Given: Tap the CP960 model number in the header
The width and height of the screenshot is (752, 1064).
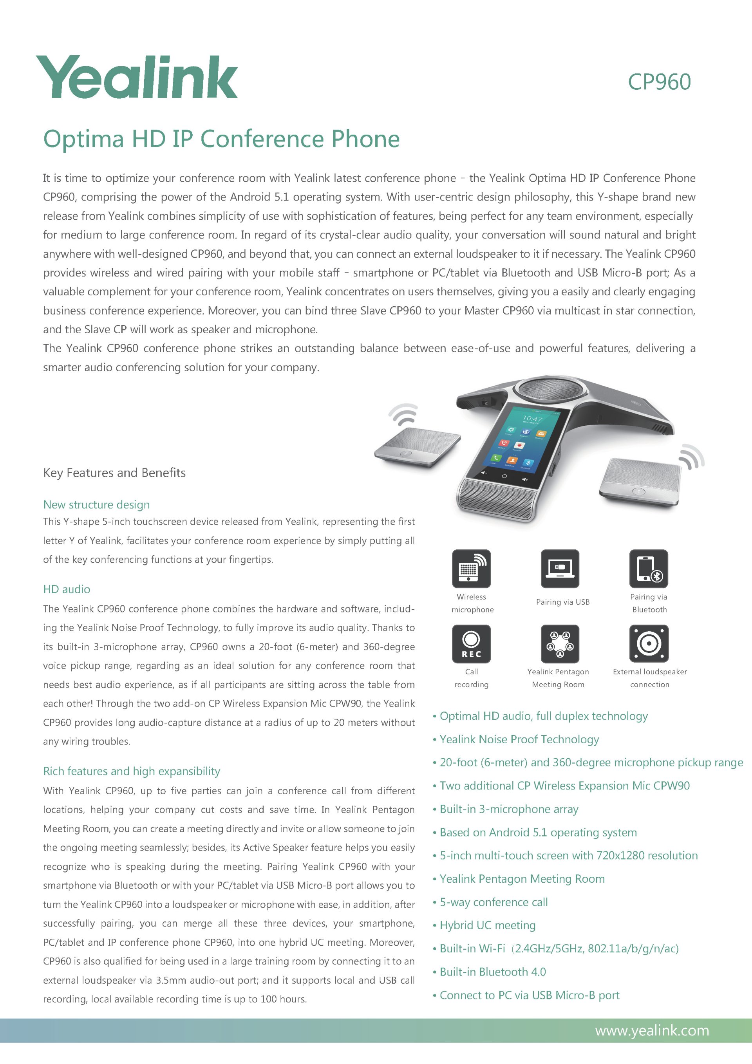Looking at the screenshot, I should (x=659, y=82).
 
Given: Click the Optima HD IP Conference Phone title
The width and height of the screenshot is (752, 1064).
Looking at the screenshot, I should (x=221, y=139).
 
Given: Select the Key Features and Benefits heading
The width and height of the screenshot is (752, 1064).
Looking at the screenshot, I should (x=114, y=473).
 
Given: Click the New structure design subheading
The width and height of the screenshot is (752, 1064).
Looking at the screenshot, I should (x=96, y=505).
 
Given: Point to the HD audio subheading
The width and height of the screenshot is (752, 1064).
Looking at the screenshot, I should (x=67, y=589).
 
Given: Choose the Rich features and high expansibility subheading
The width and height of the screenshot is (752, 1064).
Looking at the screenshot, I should (x=132, y=771).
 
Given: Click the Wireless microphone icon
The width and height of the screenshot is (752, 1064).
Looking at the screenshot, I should (x=471, y=569).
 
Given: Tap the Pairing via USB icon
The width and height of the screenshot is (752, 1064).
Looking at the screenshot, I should (x=560, y=569).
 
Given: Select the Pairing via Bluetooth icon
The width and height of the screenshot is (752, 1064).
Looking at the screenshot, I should (x=648, y=569).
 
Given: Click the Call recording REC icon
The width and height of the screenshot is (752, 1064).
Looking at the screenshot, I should (x=471, y=644).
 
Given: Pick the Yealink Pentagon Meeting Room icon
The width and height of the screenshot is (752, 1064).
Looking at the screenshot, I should (x=560, y=644).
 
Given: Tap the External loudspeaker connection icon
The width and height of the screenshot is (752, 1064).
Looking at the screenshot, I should (x=648, y=644).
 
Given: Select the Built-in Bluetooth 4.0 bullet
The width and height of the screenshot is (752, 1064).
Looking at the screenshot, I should (x=492, y=972).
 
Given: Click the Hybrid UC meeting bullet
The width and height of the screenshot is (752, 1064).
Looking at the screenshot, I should (x=487, y=925).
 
